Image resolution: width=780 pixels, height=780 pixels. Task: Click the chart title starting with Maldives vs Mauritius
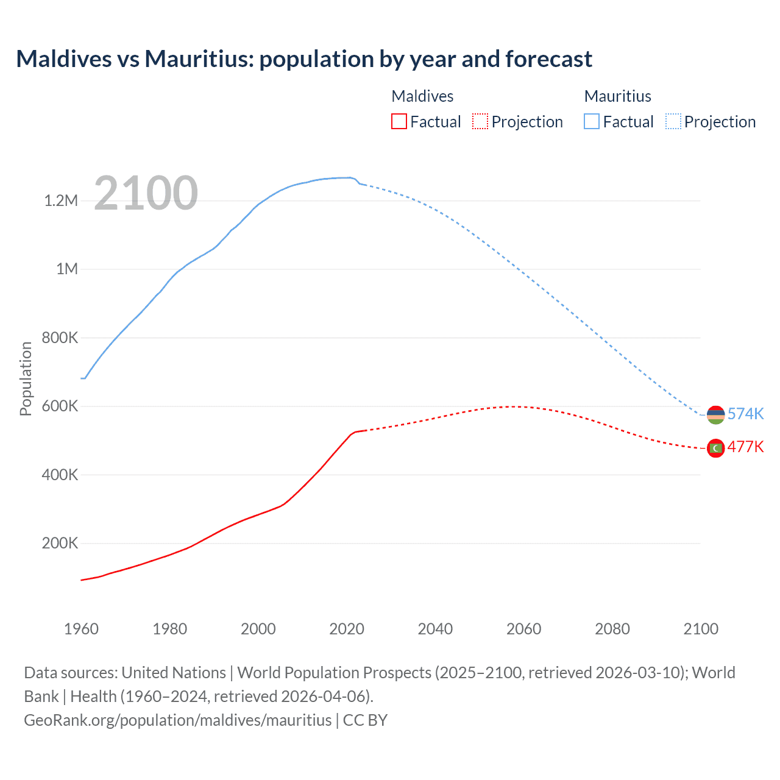click(304, 59)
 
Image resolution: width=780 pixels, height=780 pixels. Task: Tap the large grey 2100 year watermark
click(146, 193)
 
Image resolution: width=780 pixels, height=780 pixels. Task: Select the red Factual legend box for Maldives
click(399, 121)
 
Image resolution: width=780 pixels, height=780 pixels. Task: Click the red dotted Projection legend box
click(480, 121)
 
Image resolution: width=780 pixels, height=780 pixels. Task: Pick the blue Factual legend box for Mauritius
click(592, 121)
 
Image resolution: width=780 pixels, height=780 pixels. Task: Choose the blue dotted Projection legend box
click(673, 121)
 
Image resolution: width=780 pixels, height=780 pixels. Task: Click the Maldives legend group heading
click(422, 96)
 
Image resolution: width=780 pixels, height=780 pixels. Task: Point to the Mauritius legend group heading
click(617, 96)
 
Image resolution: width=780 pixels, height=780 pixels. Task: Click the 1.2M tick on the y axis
click(61, 200)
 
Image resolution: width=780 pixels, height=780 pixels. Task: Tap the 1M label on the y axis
click(67, 269)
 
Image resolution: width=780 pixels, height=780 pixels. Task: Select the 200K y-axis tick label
click(60, 543)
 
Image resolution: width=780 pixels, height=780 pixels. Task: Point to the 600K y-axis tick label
click(60, 406)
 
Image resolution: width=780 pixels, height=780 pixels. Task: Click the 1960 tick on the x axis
click(81, 629)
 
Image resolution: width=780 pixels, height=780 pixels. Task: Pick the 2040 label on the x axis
click(435, 629)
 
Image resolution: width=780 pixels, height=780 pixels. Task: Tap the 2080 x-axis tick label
click(612, 629)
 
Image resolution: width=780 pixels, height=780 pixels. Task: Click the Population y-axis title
click(26, 378)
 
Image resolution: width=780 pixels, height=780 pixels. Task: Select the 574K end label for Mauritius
click(745, 414)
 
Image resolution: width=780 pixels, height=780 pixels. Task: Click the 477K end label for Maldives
click(745, 447)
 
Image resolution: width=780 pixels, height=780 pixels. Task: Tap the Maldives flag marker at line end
click(715, 448)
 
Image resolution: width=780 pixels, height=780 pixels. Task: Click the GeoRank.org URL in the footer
click(177, 720)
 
